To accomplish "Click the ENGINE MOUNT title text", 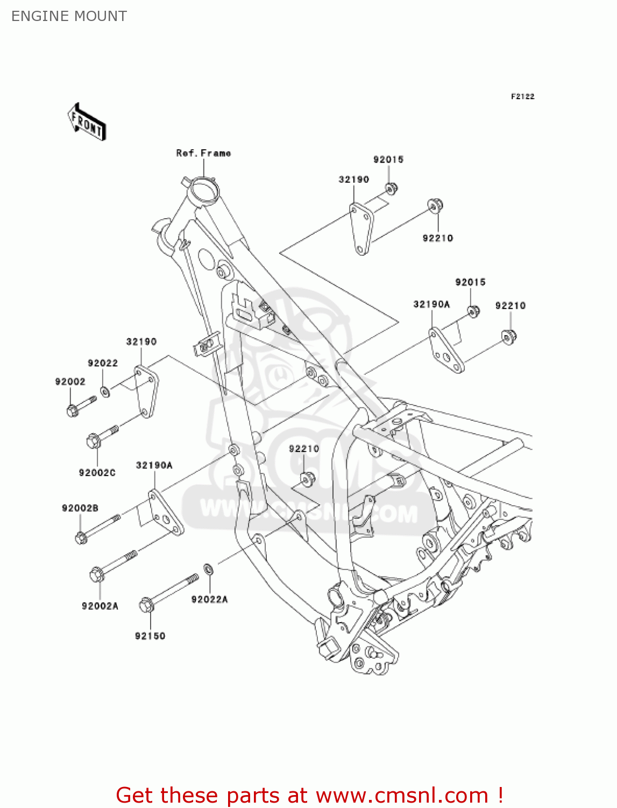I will (69, 16).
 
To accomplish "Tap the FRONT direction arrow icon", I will (87, 122).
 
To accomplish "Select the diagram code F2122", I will (522, 96).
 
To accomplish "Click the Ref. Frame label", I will (203, 153).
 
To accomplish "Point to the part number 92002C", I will (97, 472).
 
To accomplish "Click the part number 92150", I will (150, 636).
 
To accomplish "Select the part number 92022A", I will (209, 599).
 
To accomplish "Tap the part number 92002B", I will (80, 508).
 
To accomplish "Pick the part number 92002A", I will (100, 606).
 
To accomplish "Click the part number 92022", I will (103, 363).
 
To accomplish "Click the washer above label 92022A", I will (208, 569).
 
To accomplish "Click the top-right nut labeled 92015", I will (391, 189).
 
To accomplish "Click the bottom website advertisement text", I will (309, 795).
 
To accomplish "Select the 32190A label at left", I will (154, 465).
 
